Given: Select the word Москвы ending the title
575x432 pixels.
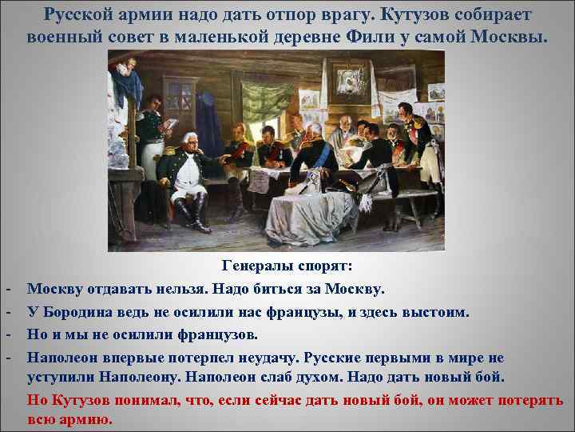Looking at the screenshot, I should coord(514,37).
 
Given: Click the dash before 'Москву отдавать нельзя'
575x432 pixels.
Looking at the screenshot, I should coord(7,288).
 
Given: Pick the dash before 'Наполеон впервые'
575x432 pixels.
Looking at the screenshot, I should coord(7,355).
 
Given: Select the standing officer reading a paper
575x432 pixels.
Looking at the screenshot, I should coord(151,136).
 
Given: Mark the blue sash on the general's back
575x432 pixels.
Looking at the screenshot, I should coord(320,160).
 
